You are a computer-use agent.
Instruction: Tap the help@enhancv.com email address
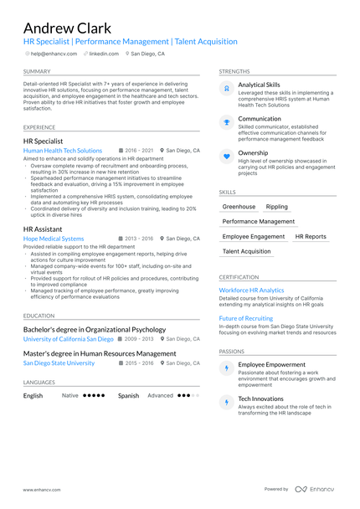(x=54, y=54)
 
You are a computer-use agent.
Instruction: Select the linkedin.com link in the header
(x=104, y=54)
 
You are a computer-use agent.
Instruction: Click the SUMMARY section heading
(x=37, y=72)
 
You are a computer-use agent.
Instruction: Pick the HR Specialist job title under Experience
(x=43, y=141)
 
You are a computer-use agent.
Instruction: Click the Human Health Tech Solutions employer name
(x=63, y=151)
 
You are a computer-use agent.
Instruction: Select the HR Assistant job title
(x=43, y=229)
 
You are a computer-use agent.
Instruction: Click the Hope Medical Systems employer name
(x=54, y=239)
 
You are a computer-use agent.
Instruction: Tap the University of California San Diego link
(x=68, y=339)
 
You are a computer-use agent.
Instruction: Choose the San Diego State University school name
(x=59, y=363)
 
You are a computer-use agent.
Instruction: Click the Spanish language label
(x=128, y=395)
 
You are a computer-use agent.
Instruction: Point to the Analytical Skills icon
(x=226, y=88)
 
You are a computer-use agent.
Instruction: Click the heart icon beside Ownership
(x=226, y=156)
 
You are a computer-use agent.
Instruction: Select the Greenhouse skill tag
(x=239, y=206)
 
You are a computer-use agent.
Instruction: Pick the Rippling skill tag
(x=276, y=206)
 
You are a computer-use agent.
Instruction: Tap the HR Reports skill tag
(x=311, y=237)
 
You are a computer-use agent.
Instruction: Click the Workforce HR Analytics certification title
(x=251, y=290)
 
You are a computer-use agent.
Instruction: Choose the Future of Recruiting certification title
(x=246, y=318)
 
